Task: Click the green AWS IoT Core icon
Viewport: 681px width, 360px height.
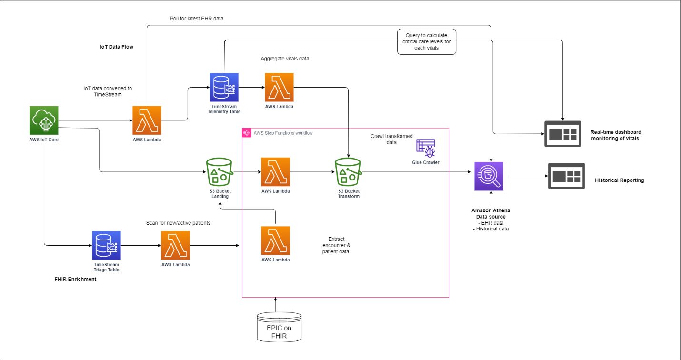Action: coord(44,120)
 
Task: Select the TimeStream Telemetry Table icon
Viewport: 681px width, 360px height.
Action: coord(224,87)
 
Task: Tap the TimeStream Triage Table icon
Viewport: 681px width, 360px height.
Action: coord(106,245)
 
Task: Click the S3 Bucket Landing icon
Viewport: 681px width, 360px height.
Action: coord(219,171)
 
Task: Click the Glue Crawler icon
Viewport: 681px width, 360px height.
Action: coord(426,149)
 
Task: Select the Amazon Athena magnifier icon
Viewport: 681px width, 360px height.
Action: coord(489,176)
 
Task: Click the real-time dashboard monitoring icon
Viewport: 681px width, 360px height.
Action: coord(563,134)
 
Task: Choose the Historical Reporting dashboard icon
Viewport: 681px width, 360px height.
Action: coord(566,176)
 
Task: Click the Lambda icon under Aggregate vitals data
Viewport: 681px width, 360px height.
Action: coord(279,87)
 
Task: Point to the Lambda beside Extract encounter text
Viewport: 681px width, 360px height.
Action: coord(275,240)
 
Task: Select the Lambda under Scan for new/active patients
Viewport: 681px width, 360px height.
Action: coord(176,245)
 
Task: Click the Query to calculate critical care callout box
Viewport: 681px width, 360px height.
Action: coord(426,42)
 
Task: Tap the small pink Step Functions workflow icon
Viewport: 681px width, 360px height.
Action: coord(247,133)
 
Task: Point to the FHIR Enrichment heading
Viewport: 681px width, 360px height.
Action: coord(75,279)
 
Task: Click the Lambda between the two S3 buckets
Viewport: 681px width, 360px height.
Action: coord(275,171)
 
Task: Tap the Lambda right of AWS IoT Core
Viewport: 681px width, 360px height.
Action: coord(147,120)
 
